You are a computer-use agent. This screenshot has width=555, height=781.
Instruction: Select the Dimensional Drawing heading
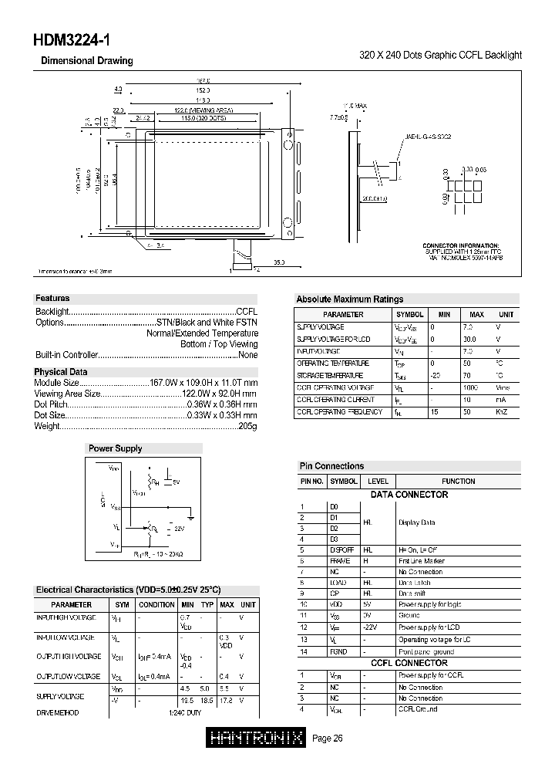(86, 61)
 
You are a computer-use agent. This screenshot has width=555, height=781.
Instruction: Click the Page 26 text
(328, 739)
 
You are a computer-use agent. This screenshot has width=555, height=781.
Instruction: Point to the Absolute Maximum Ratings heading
(349, 299)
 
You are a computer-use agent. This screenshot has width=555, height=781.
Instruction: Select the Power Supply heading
(115, 448)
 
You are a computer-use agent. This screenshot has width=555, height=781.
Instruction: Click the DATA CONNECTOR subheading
(409, 494)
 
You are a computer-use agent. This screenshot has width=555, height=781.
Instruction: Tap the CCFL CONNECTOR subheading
(409, 663)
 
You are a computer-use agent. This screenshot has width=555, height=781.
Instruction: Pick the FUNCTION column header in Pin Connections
(459, 481)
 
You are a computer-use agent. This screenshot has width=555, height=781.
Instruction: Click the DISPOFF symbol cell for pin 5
(344, 549)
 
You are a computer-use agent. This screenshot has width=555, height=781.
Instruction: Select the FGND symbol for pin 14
(340, 651)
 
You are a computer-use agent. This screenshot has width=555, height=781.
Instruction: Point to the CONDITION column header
(156, 604)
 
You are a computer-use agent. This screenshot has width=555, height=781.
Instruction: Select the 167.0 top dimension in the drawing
(203, 80)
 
